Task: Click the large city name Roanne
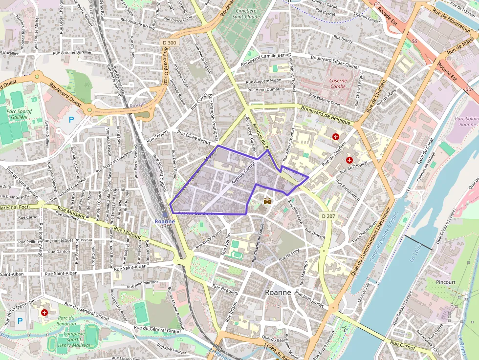point(278,292)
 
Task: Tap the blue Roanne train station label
point(165,221)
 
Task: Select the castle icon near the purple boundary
point(267,201)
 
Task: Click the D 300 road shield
point(169,42)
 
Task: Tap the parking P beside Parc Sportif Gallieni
point(72,119)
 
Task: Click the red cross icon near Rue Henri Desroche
point(44,312)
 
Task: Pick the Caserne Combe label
point(337,84)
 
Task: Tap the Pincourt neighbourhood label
point(445,282)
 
